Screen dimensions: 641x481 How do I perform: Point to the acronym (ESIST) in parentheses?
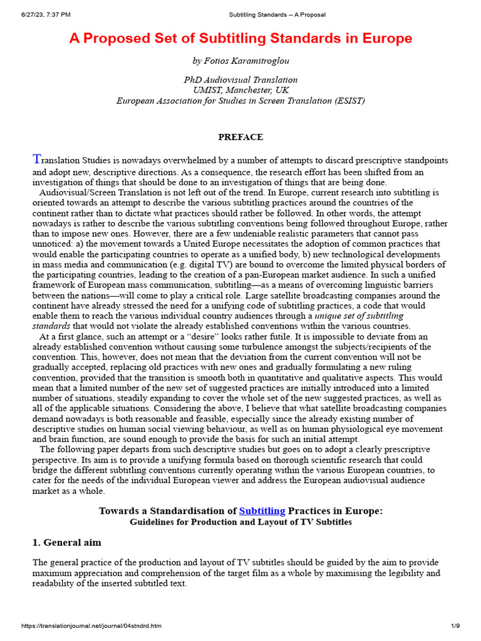343,100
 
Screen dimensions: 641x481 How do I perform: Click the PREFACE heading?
240,137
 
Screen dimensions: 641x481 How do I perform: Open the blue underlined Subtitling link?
262,511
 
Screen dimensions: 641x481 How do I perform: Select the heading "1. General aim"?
66,542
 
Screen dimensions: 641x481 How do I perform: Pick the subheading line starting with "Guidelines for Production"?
240,522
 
